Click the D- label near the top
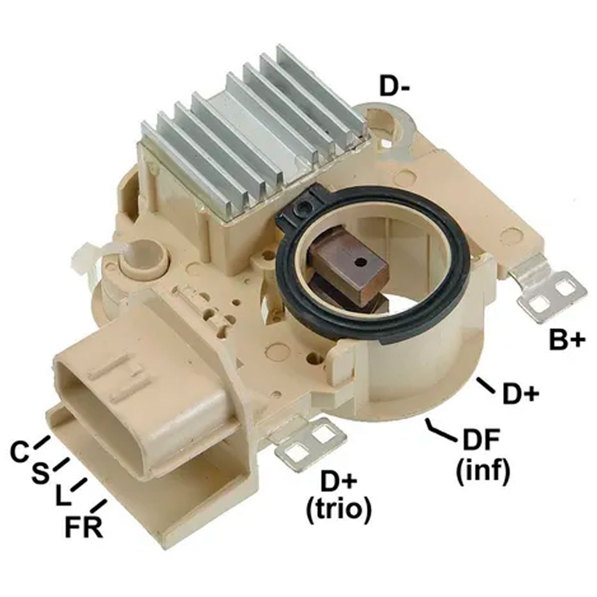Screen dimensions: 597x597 point(395,86)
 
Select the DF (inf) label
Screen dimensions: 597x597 point(483,455)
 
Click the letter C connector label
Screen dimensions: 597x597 point(20,453)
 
